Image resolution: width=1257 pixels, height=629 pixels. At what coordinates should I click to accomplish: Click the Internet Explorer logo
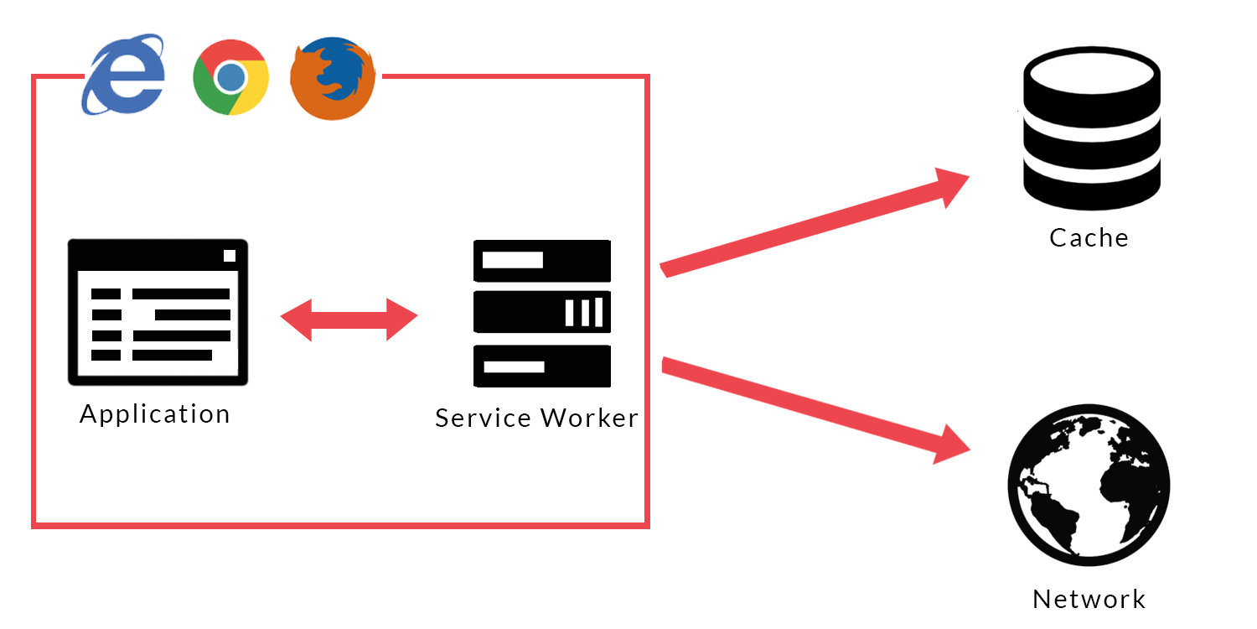[123, 75]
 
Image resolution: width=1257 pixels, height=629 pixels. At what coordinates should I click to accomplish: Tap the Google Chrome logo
[230, 77]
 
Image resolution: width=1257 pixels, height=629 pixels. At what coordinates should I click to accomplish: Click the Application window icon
[158, 311]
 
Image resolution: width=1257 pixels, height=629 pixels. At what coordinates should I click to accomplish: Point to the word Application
[155, 414]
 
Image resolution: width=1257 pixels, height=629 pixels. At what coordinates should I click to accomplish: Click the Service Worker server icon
[541, 314]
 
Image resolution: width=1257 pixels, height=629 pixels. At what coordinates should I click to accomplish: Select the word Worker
[589, 418]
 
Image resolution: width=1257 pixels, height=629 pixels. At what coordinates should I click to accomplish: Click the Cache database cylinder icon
[1091, 127]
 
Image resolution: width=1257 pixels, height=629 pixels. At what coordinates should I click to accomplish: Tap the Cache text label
[1089, 238]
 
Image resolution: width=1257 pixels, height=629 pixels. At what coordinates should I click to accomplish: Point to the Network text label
[1089, 600]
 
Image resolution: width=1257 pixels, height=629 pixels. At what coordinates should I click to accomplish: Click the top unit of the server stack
[541, 261]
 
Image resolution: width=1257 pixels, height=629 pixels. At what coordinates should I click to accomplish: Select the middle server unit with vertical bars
[541, 312]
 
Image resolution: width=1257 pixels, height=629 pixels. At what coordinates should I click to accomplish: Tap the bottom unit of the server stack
[541, 366]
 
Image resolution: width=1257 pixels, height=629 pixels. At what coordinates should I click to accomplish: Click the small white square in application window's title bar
[230, 256]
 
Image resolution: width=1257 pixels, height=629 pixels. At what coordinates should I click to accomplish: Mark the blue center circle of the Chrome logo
[230, 78]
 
